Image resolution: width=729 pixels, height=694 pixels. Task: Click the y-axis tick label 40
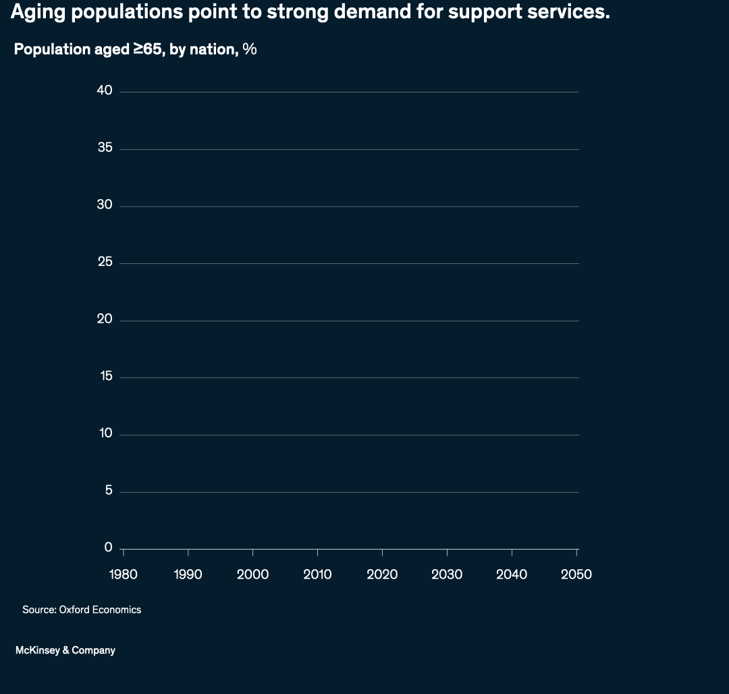coord(105,90)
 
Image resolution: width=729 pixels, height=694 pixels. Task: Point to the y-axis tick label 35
coord(105,148)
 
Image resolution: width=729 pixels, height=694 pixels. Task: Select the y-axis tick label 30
coord(105,205)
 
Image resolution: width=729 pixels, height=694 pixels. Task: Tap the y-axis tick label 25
coord(105,262)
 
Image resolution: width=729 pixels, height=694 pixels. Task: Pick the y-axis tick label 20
coord(105,319)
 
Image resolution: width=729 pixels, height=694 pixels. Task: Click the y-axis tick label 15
coord(105,376)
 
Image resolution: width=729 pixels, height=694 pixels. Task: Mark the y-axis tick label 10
coord(105,433)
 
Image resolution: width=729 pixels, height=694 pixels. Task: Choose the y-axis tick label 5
coord(109,490)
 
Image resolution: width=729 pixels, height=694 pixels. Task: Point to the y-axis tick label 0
coord(109,547)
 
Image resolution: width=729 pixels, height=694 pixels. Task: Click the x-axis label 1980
coord(123,575)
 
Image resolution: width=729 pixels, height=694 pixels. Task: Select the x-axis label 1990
coord(188,575)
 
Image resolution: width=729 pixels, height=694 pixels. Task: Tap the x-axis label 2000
coord(252,575)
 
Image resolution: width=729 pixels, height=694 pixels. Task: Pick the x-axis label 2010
coord(317,575)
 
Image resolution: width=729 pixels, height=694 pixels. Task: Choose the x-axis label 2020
coord(382,575)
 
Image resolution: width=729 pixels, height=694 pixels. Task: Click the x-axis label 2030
coord(447,575)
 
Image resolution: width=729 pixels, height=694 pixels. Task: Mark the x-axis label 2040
coord(512,575)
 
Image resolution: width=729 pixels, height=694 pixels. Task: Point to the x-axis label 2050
coord(576,575)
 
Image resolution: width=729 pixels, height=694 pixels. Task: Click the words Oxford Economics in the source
coord(100,610)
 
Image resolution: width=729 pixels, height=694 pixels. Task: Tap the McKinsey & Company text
coord(65,651)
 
